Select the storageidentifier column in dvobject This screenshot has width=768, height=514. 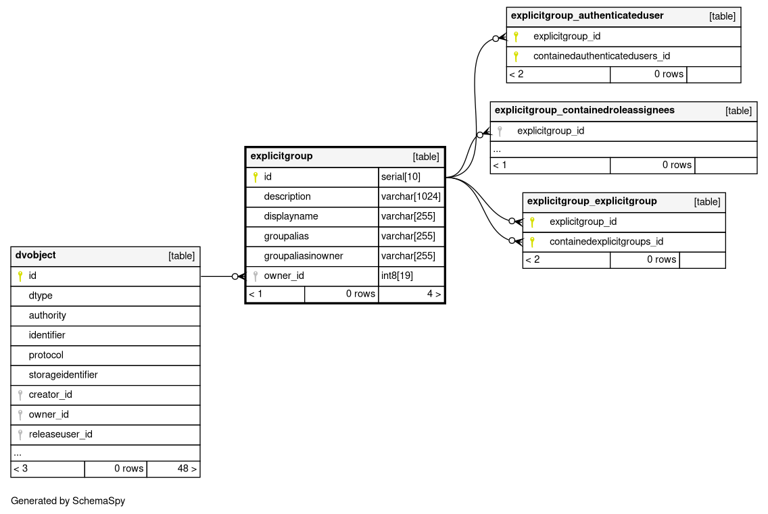coord(63,375)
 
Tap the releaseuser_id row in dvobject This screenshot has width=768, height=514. coord(60,434)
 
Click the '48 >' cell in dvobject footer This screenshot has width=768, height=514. coord(172,468)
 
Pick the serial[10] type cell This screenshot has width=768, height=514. coord(410,177)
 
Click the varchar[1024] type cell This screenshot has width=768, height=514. coord(410,197)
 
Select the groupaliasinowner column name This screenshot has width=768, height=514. coord(304,256)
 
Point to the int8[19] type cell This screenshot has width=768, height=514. coord(410,276)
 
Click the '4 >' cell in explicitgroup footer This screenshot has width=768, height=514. coord(410,294)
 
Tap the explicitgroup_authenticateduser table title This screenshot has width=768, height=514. coord(587,16)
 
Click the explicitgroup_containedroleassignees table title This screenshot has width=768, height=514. coord(584,110)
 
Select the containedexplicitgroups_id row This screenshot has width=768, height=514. coord(606,241)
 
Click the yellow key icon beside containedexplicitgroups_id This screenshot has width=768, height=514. coord(532,241)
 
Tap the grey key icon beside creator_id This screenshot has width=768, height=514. coord(20,394)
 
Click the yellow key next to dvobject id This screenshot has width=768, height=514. coord(20,276)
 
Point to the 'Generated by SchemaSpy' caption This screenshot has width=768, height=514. coord(68,501)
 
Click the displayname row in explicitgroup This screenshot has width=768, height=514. coord(291,216)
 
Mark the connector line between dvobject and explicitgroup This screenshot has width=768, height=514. coord(216,276)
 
